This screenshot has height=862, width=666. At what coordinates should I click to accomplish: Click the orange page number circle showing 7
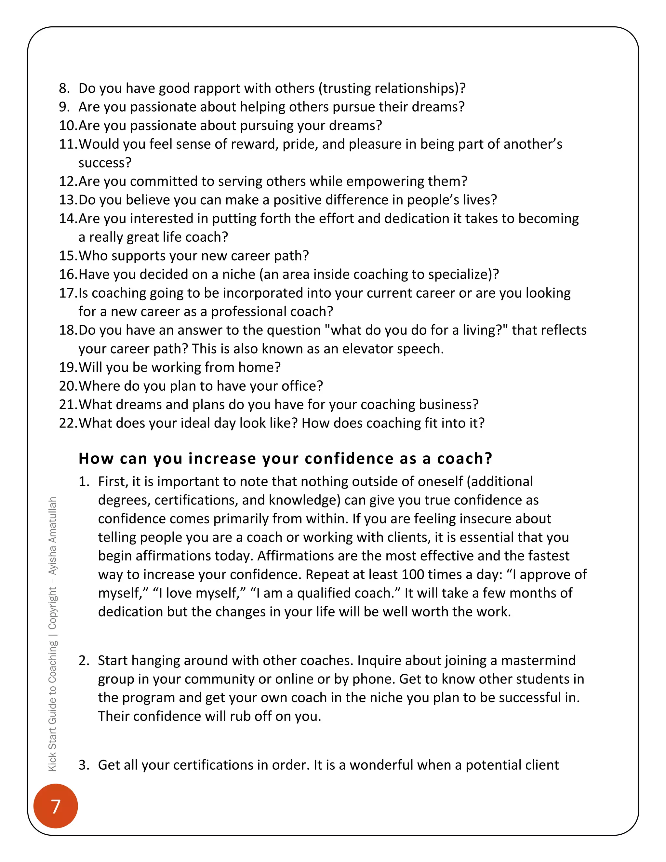pos(56,806)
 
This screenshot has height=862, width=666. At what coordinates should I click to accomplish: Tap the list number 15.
pos(68,256)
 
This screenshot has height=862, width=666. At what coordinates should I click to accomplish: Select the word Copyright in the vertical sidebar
pos(52,608)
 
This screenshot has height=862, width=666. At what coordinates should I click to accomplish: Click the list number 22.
pos(68,423)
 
